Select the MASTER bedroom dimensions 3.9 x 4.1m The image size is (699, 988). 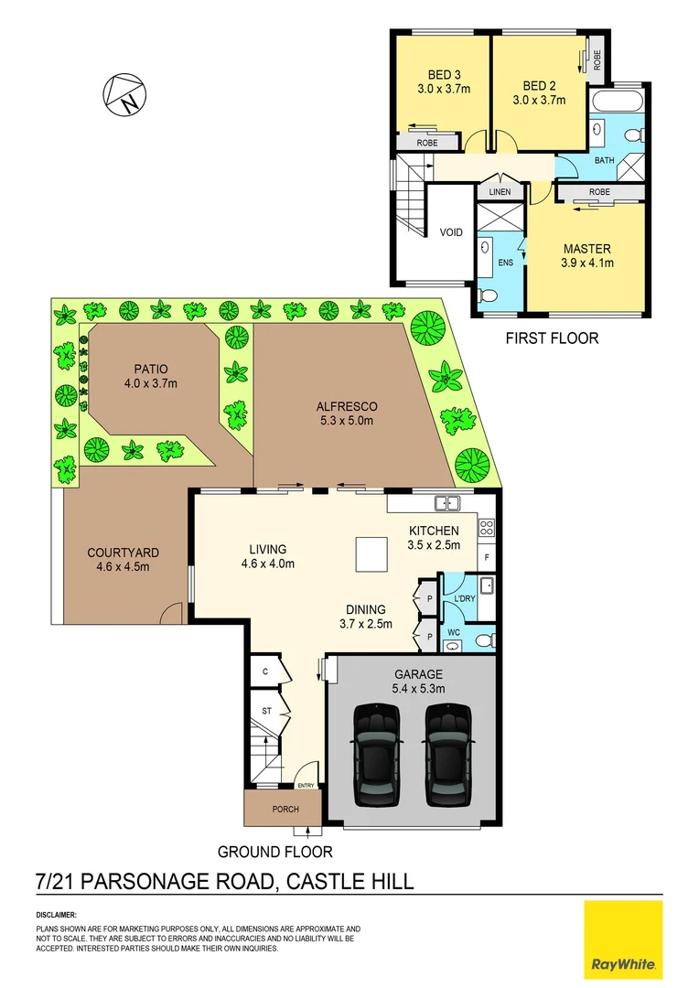coord(586,263)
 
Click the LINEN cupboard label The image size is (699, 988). coord(500,192)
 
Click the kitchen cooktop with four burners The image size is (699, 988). coord(487,528)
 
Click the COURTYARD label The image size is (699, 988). coord(123,553)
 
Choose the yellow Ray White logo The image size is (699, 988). coord(623,940)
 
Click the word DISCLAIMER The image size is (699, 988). coord(57,915)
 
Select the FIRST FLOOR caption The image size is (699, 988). coord(552,338)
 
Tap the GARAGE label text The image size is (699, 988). coord(419,674)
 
